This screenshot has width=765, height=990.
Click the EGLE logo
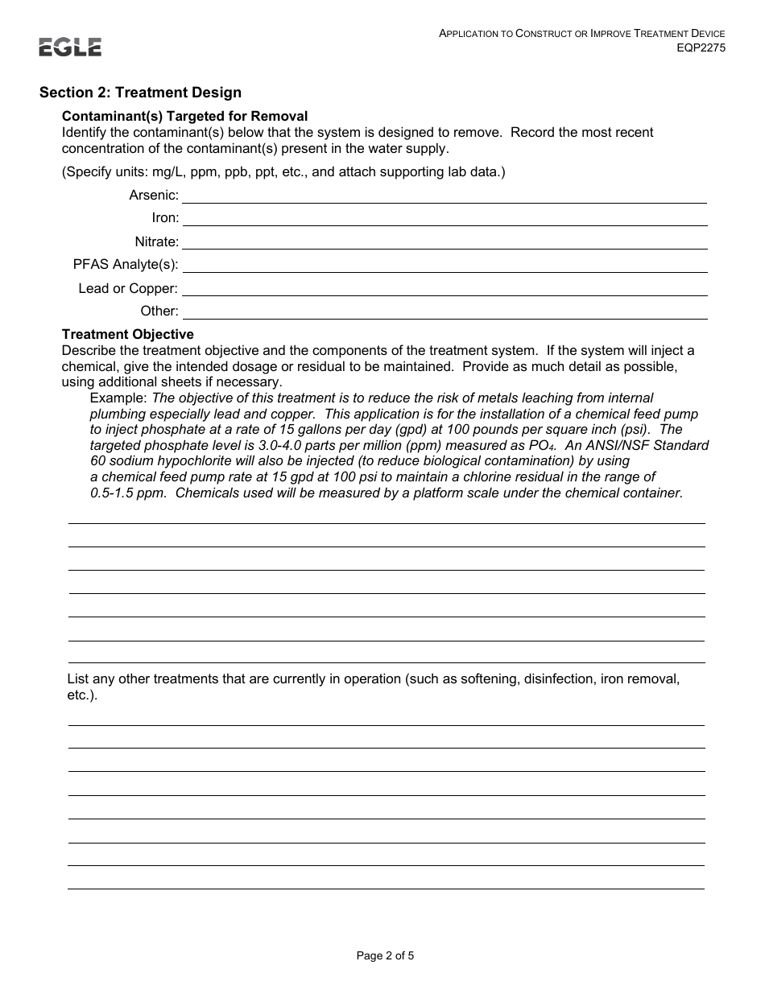click(70, 47)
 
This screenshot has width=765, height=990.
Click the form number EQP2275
click(701, 47)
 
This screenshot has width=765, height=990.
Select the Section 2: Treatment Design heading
click(140, 93)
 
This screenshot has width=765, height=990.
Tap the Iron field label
click(165, 218)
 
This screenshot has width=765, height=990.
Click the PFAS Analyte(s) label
click(126, 265)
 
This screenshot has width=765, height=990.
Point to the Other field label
click(159, 311)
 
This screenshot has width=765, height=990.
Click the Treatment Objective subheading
click(127, 334)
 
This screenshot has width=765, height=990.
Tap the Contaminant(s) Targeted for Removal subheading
click(184, 117)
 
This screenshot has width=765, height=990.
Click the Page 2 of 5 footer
click(385, 956)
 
